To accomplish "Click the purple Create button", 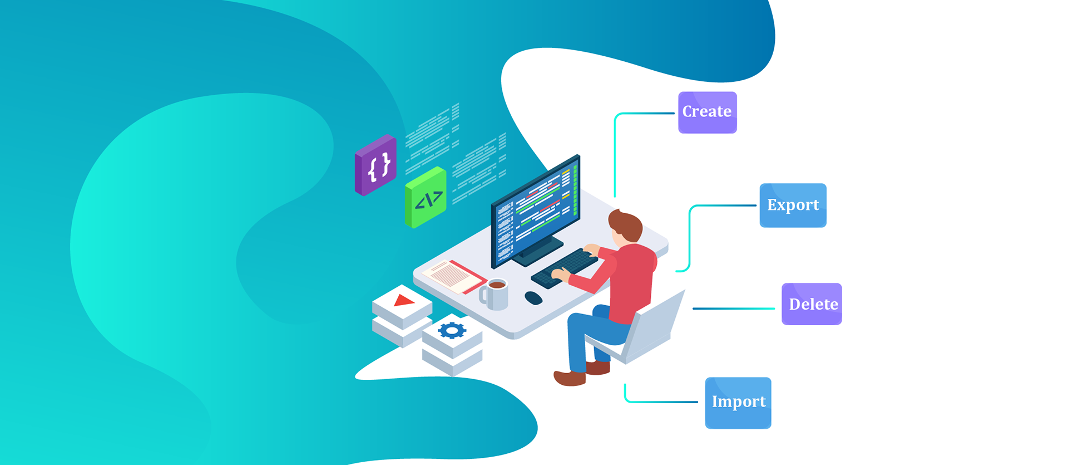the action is (707, 112).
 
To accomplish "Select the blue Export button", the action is (793, 205).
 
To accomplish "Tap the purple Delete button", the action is (812, 304).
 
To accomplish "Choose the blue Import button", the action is (738, 403).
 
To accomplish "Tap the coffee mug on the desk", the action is (495, 293).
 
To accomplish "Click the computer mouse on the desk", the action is (533, 298).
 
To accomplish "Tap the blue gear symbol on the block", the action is (452, 330).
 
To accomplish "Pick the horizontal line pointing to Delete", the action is (733, 309).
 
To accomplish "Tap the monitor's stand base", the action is (537, 253).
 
